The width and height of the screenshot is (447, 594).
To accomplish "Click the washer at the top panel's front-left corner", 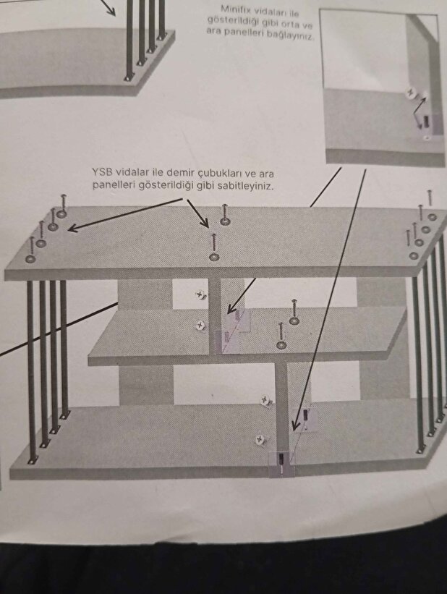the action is coord(30,259).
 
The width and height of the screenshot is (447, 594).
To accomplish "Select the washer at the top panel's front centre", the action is coord(214,258).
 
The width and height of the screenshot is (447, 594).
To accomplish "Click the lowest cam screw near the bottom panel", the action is coord(260,439).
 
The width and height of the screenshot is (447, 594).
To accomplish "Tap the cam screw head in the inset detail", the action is coord(411,93).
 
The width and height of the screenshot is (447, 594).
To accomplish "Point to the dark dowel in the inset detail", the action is coord(426,122).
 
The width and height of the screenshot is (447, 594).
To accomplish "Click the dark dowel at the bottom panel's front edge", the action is coord(281,459).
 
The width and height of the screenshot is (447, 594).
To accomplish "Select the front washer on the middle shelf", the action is coord(281,345).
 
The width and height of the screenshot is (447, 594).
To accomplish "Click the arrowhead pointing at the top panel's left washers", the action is coord(72,228).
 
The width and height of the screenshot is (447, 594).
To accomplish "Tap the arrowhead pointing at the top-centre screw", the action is coord(205,223).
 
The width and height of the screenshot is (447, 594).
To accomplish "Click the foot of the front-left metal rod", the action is coord(33,460).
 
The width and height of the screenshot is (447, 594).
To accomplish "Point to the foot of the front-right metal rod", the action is coord(420,451).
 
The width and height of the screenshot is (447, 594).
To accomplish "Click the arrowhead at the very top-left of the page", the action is coord(111,12).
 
